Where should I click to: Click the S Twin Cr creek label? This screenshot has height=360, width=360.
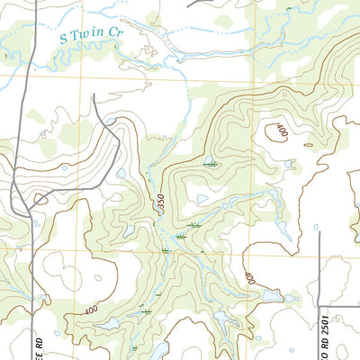(91, 36)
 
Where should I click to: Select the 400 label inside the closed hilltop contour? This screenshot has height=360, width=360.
(279, 131)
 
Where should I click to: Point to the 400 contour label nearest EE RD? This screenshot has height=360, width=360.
(90, 310)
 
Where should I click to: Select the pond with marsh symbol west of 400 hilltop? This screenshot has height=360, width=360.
(210, 163)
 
